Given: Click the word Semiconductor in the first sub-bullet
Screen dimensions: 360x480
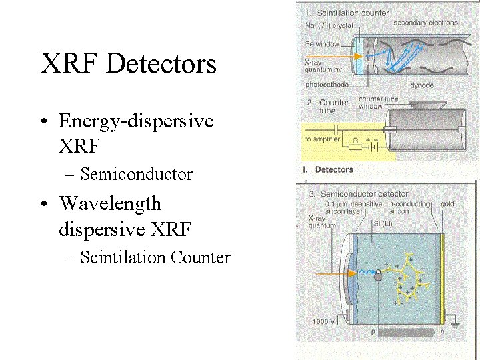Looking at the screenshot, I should coord(136,175).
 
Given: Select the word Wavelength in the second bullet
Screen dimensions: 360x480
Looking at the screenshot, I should coord(110,203).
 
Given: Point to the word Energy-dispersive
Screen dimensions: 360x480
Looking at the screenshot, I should coord(136,121).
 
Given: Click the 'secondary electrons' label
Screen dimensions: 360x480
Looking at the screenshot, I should coord(425,23).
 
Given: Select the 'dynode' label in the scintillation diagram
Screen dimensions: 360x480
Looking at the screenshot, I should coord(422,85).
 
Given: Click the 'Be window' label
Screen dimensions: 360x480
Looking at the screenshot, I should coord(322,44).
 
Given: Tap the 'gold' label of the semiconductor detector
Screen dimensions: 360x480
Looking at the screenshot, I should coord(447,203).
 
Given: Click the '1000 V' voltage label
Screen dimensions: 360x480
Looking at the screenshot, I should coord(324,322).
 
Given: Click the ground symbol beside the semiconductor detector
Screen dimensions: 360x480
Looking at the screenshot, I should coord(455,327).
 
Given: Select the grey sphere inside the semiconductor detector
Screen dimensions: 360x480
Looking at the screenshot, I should coord(378,275).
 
